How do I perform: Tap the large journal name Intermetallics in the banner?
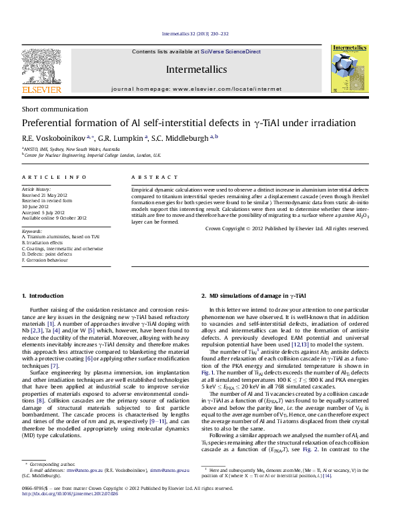196,69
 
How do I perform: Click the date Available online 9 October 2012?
54,218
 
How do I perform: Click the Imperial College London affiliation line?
93,154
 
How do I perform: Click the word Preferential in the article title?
51,123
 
